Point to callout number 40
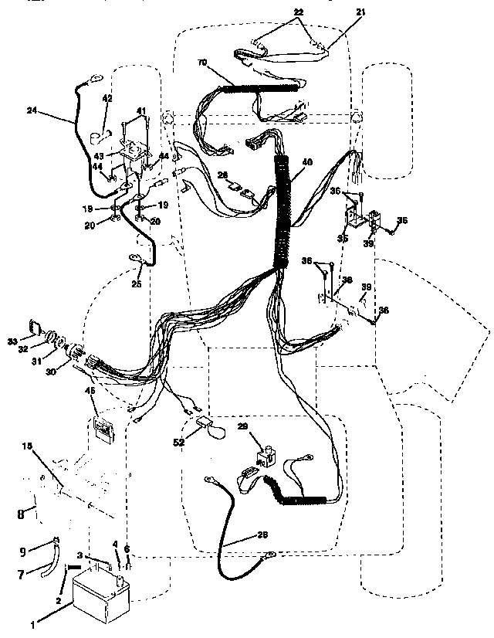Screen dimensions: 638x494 (x=307, y=162)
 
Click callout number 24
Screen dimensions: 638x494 (x=32, y=111)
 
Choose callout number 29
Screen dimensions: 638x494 (x=242, y=427)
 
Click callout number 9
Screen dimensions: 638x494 (x=22, y=550)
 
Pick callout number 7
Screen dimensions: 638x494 (x=22, y=574)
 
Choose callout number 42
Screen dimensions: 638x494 (x=107, y=98)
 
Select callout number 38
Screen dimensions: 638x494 (x=347, y=280)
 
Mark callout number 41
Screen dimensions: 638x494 (x=142, y=110)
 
